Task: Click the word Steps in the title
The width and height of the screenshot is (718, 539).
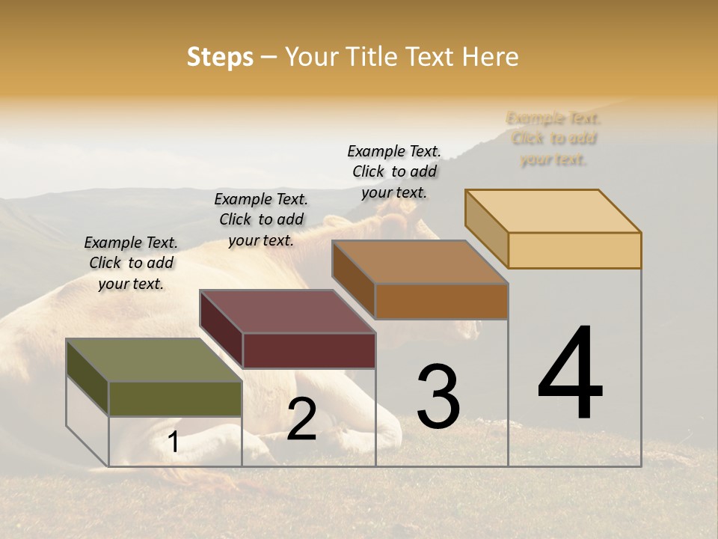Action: click(x=220, y=57)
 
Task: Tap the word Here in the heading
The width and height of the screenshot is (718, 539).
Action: click(x=490, y=57)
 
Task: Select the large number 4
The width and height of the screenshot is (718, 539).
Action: click(x=570, y=374)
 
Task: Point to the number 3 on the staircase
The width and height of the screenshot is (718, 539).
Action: click(x=438, y=396)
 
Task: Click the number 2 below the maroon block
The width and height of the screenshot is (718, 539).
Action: click(x=301, y=419)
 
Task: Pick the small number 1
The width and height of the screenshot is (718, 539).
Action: click(x=174, y=442)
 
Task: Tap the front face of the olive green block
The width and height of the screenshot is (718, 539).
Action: click(x=175, y=398)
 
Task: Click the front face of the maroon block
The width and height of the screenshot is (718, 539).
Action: click(x=309, y=350)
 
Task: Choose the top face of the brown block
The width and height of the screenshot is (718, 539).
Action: click(x=420, y=261)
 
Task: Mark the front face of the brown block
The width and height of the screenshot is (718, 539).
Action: click(x=441, y=301)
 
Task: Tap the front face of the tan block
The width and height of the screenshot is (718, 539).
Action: click(x=574, y=250)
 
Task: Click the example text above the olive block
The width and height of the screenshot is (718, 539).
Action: click(x=131, y=263)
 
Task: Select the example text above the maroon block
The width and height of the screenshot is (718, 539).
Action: click(x=261, y=219)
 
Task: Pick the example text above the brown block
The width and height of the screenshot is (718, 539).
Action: click(x=394, y=171)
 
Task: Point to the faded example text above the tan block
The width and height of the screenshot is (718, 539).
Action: click(x=553, y=138)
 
